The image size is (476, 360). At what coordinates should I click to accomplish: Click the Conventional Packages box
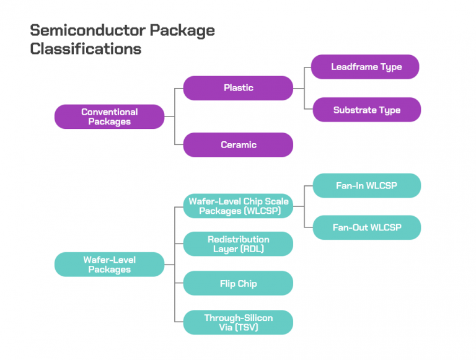pos(109,116)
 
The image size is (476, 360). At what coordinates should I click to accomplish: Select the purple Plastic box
pos(238,88)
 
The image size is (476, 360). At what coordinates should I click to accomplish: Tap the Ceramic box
pos(238,145)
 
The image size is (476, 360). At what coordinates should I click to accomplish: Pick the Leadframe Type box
pos(366,67)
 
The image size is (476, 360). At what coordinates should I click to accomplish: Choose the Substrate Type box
pos(366,110)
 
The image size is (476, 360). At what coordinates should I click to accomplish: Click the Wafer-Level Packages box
pos(109,265)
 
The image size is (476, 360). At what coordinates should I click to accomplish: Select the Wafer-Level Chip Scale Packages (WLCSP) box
pos(238,206)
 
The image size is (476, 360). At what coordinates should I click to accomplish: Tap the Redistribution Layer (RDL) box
pos(238,244)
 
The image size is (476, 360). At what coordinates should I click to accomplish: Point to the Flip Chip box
pos(238,284)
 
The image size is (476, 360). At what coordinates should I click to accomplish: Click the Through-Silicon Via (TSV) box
pos(238,322)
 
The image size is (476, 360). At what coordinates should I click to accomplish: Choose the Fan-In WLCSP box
pos(366,186)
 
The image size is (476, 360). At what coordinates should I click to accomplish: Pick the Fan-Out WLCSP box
pos(366,227)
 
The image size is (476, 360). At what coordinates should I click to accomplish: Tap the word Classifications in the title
pos(86,48)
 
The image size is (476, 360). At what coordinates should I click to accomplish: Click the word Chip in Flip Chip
pos(247,284)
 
